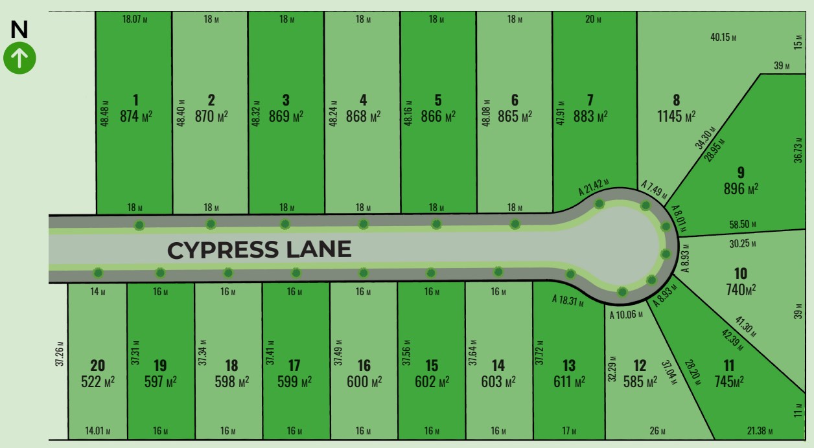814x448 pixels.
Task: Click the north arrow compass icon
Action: point(19,58)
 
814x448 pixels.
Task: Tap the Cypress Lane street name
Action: point(259,250)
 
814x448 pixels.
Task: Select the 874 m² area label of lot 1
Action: point(136,117)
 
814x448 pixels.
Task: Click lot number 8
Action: point(677,100)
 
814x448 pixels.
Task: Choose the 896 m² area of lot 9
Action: point(741,189)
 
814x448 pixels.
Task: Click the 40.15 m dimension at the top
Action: point(723,37)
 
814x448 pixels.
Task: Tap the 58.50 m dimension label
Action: point(743,225)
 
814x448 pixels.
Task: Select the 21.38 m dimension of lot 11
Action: point(760,431)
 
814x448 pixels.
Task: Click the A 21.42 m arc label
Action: point(594,187)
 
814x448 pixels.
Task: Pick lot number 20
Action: point(97,366)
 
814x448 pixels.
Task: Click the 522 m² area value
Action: point(97,382)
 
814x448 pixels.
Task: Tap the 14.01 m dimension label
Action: point(98,431)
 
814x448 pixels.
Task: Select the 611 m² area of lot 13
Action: point(568,382)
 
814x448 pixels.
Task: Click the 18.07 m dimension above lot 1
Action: point(134,19)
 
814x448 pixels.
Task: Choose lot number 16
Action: point(364,366)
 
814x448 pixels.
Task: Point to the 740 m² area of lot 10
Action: point(740,290)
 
